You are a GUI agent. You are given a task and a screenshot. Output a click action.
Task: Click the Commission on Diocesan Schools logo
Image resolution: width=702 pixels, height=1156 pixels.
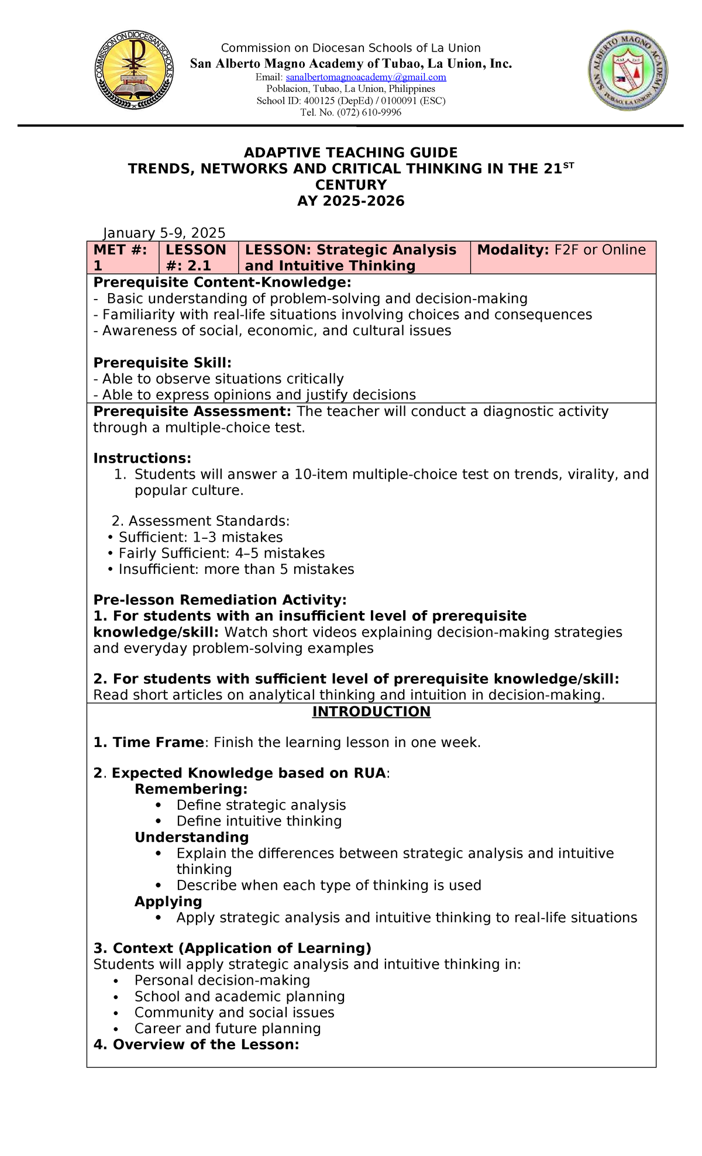pos(134,70)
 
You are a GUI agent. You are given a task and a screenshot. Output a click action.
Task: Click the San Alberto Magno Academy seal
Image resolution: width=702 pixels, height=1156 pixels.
pos(628,71)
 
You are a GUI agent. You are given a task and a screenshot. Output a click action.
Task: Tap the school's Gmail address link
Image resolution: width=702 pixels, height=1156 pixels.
pos(366,77)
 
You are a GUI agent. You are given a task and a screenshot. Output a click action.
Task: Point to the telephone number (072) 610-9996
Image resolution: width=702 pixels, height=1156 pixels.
pos(351,112)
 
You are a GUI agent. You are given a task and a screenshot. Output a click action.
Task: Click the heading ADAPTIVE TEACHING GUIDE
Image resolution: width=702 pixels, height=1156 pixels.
pos(350,153)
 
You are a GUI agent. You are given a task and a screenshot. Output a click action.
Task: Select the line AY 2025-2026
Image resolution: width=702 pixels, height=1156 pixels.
pos(350,201)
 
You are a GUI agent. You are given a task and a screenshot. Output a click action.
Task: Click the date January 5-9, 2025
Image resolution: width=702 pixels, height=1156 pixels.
pos(164,233)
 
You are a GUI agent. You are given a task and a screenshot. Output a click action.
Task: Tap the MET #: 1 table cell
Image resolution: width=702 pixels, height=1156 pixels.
pos(122,257)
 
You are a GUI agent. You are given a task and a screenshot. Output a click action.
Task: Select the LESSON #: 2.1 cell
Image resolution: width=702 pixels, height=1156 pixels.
pos(198,257)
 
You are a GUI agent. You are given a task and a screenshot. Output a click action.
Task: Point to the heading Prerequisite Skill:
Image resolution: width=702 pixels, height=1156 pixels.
pos(163,363)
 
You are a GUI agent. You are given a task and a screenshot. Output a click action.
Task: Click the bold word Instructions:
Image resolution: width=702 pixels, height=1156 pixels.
pos(142,458)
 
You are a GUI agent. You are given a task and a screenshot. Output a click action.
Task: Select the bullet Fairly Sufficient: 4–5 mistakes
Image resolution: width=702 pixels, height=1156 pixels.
pos(221,553)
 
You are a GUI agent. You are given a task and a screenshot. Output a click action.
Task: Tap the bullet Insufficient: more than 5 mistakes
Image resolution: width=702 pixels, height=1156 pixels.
pos(236,569)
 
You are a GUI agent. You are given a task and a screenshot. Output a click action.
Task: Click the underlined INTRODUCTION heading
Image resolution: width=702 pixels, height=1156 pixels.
pos(371,711)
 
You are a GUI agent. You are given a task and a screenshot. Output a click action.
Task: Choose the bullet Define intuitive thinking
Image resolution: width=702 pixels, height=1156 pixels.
pos(259,821)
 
